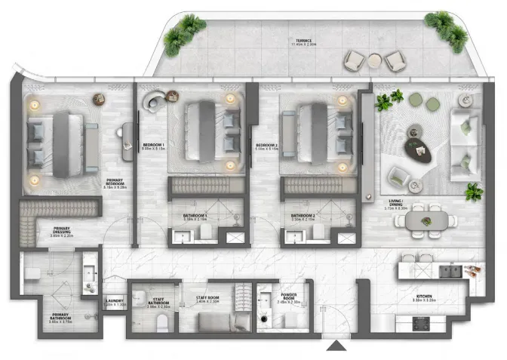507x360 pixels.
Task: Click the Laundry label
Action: click(x=115, y=301)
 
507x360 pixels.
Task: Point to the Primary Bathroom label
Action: click(x=61, y=317)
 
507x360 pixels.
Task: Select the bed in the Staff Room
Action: click(x=224, y=322)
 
